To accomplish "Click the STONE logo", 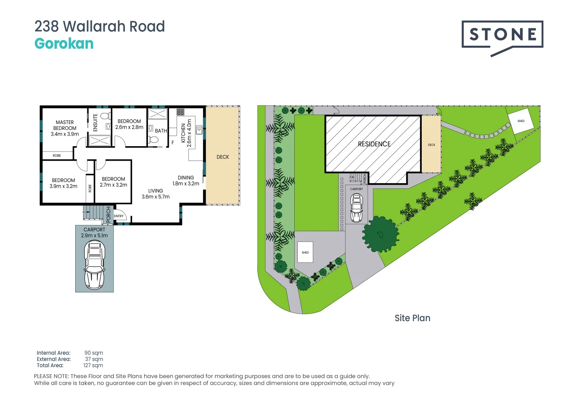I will tap(502, 35).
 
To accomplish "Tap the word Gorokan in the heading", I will tap(64, 44).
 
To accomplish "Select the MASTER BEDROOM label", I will tap(65, 128).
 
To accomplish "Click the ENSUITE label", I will tap(95, 122).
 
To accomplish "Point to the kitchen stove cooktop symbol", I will tap(180, 112).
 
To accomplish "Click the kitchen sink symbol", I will tap(199, 130).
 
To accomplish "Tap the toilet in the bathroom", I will tap(154, 139).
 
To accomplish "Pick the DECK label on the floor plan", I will tap(223, 157).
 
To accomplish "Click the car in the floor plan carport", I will tap(94, 264).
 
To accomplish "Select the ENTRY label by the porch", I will tap(119, 216).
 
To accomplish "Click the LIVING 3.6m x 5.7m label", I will tap(155, 194).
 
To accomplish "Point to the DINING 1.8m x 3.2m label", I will tap(186, 181).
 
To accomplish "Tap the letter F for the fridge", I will tap(172, 143).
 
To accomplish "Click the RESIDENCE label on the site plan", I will tap(374, 144).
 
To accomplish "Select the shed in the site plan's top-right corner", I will tap(521, 121).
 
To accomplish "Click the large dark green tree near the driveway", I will tap(380, 234).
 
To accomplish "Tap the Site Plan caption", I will tap(412, 318).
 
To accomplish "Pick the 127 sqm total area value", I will tap(93, 365).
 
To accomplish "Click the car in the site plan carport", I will tap(356, 208).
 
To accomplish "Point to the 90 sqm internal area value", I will tap(94, 353).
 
